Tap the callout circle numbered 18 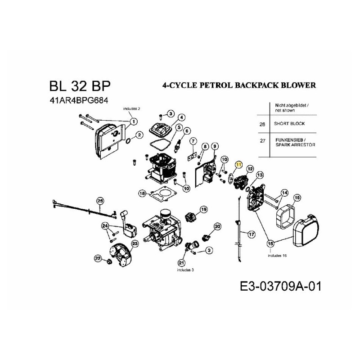tap(143, 193)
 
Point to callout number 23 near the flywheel tap(135, 243)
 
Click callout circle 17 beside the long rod tap(251, 234)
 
